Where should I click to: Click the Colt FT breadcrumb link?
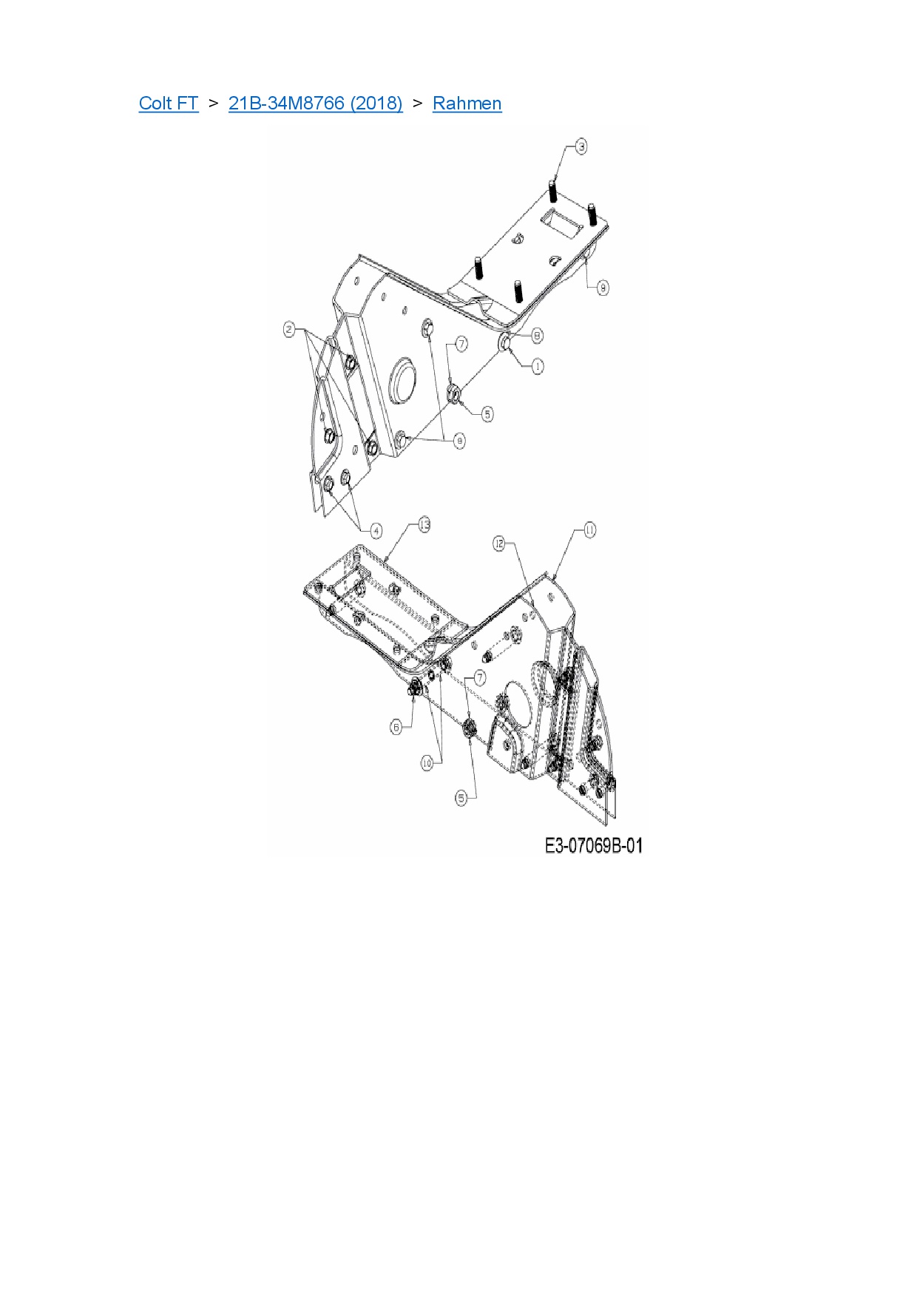(x=169, y=103)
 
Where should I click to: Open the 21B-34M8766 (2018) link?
(x=315, y=103)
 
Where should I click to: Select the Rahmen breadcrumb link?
(x=467, y=103)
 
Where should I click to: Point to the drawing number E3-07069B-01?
(x=593, y=845)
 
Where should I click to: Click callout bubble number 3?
(x=581, y=146)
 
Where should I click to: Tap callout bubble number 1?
(x=537, y=366)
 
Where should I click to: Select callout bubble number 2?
(x=290, y=329)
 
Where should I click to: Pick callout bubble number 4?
(x=376, y=530)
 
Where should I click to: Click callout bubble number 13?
(x=424, y=524)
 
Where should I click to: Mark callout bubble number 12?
(x=499, y=544)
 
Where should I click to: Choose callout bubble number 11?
(x=589, y=529)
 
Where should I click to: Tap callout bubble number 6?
(x=396, y=727)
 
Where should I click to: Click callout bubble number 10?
(x=427, y=763)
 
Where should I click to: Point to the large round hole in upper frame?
(x=403, y=381)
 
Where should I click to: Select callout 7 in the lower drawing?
(x=480, y=677)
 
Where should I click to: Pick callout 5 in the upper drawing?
(x=487, y=414)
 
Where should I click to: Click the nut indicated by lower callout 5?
(x=468, y=729)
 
